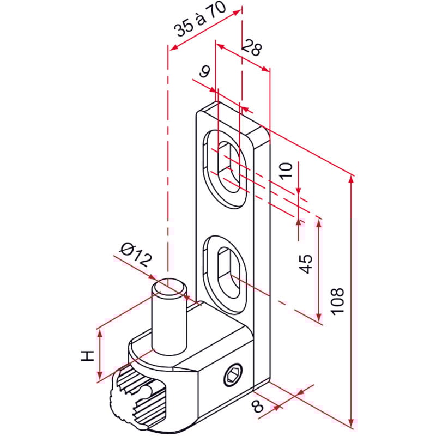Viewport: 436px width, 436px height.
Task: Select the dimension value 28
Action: [x=251, y=48]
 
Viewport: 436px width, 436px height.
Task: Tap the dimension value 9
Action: [x=205, y=71]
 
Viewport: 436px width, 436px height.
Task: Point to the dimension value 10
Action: [x=288, y=171]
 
